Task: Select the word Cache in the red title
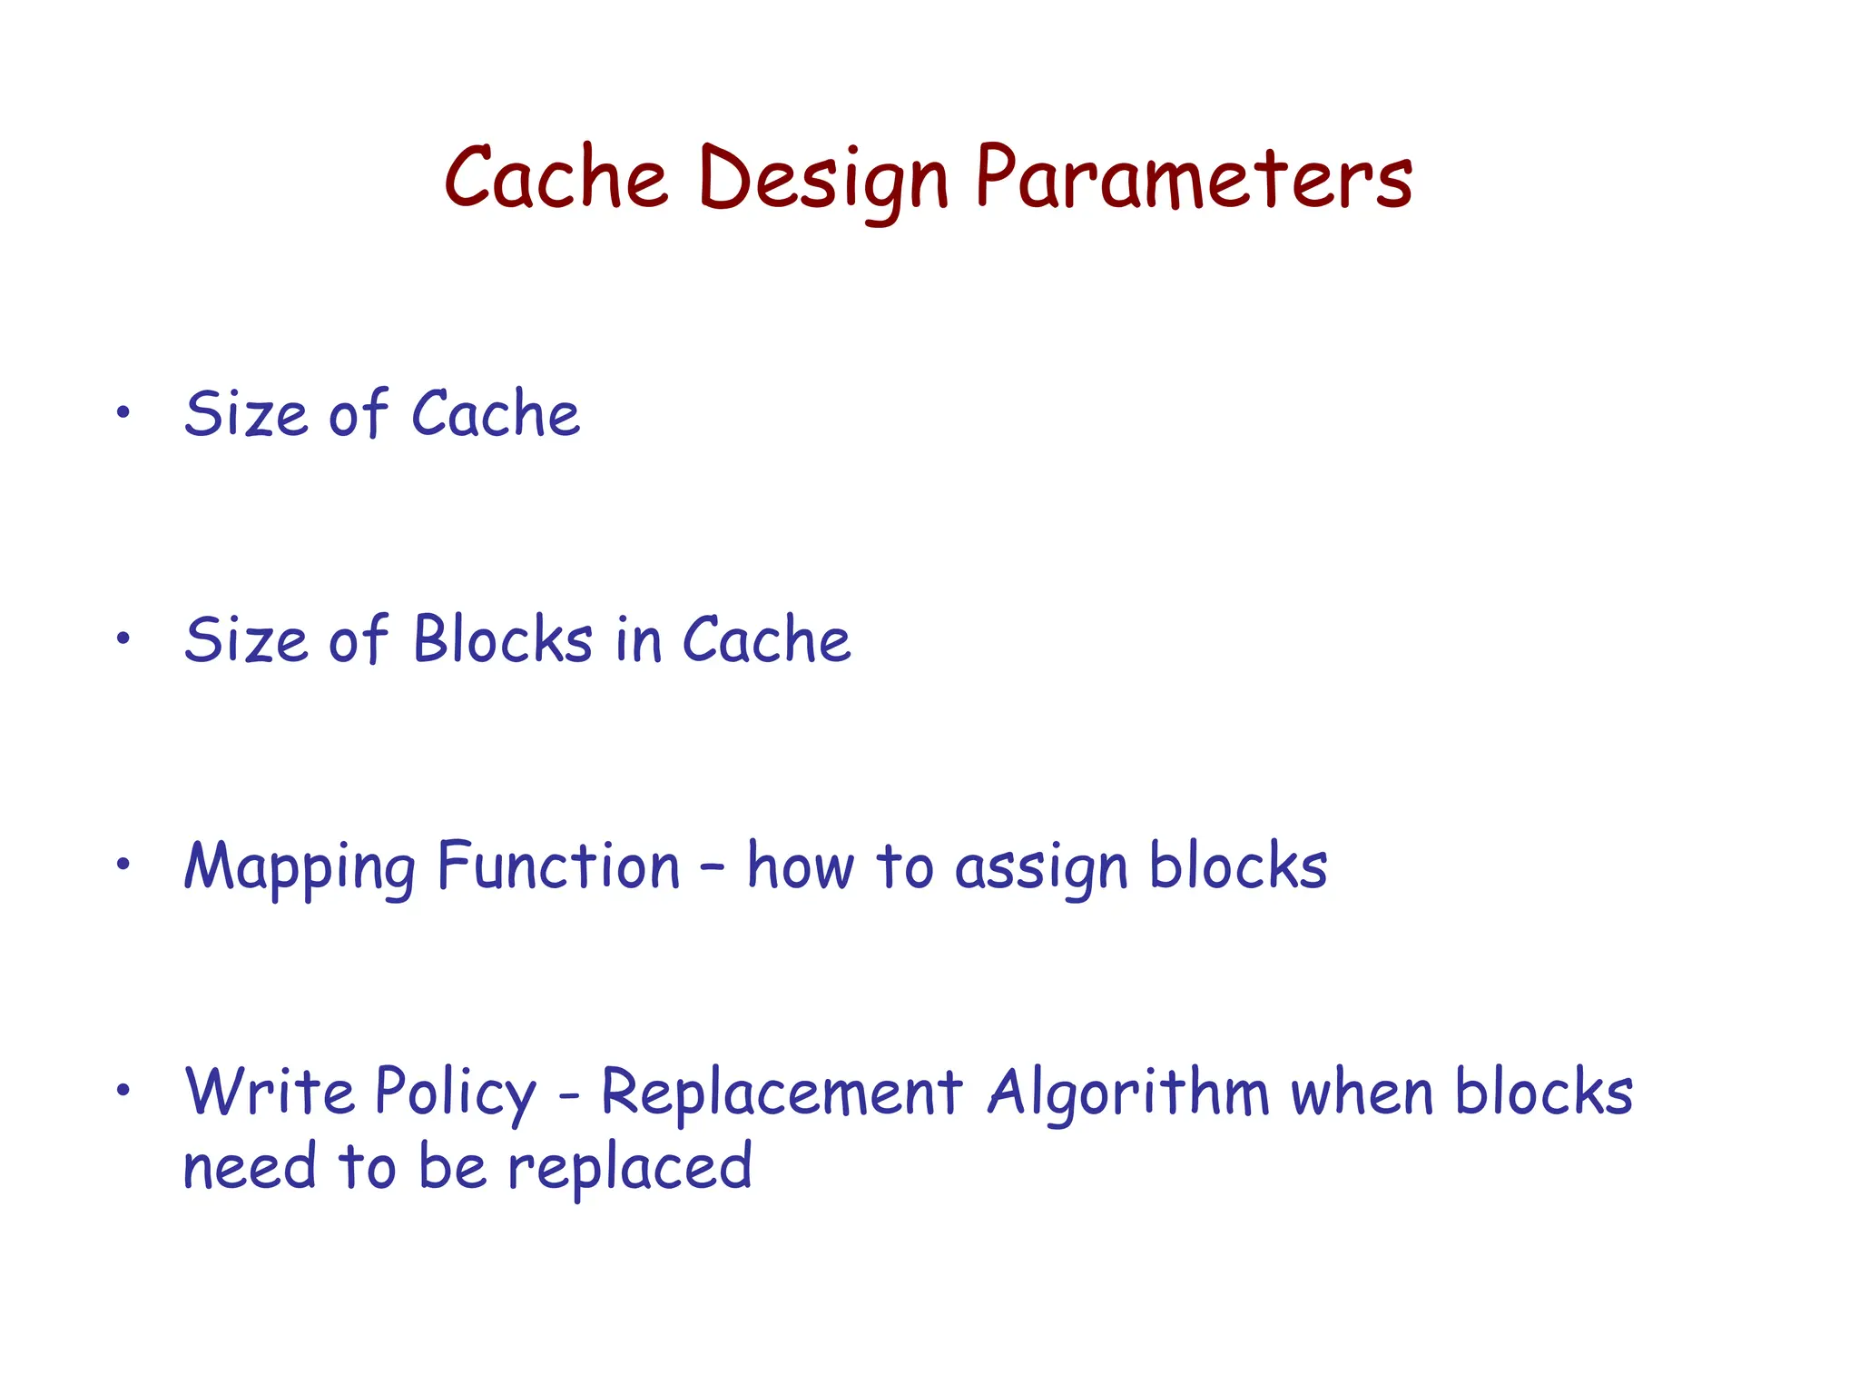(556, 178)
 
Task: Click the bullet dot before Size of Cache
(123, 413)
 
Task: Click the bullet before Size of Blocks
(123, 638)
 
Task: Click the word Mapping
(300, 867)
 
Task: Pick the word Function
(558, 866)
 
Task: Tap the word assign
(1041, 869)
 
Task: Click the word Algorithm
(1128, 1093)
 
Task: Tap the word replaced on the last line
(629, 1169)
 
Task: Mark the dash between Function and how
(713, 866)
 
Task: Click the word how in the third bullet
(800, 866)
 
